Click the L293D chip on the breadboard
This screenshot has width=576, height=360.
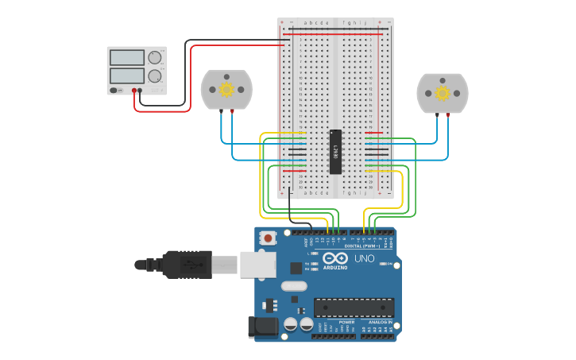[x=335, y=151]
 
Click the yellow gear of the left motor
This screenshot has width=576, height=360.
[x=226, y=89]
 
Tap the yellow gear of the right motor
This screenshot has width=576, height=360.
[x=443, y=93]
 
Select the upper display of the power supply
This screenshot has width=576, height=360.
[x=126, y=58]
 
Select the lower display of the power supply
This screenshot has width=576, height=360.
[x=126, y=76]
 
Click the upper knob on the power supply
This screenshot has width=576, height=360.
[x=154, y=58]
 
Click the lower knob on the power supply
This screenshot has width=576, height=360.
[x=154, y=77]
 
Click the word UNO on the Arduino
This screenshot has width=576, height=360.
[x=364, y=258]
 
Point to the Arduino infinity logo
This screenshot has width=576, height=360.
[x=334, y=259]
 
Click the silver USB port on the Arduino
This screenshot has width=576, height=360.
[x=257, y=265]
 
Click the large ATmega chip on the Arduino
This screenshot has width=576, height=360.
[x=354, y=308]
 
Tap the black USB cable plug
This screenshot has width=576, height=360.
[x=187, y=265]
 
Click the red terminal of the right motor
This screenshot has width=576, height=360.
[x=448, y=114]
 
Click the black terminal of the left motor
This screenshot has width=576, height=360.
[x=221, y=111]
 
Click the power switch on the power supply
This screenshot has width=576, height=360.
[x=114, y=91]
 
